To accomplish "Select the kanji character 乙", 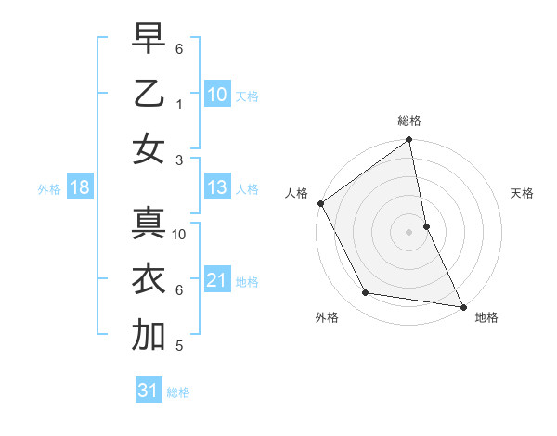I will [x=149, y=96].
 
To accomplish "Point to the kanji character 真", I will [x=149, y=226].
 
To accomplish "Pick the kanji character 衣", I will [x=149, y=280].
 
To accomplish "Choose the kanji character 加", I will [x=149, y=335].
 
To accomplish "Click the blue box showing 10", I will [x=217, y=95].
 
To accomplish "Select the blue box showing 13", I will [x=217, y=188].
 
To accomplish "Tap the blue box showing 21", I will [x=217, y=281].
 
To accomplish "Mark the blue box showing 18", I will [x=80, y=188].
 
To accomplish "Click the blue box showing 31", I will [x=149, y=391].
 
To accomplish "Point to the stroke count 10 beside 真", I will [x=179, y=235].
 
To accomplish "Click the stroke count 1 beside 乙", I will [x=178, y=104].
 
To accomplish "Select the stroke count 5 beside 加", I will [x=178, y=346].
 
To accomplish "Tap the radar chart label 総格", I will [x=409, y=121].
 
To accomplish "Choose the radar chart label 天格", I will [x=522, y=193].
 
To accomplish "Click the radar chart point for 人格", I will [x=320, y=203].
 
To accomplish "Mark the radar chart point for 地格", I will [x=463, y=306].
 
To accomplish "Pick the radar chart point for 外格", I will [x=366, y=293].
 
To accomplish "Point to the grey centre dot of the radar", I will [x=409, y=232].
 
